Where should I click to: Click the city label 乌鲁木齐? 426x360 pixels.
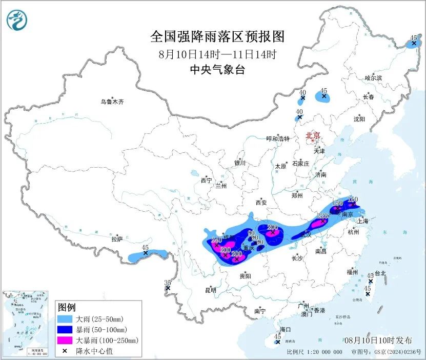click(112, 102)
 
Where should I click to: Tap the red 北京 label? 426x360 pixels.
click(313, 136)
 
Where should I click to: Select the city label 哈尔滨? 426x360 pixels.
click(373, 78)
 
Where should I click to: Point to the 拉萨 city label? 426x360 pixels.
click(117, 239)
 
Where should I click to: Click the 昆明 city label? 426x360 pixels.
click(211, 290)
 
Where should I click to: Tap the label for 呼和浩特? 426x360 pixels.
click(278, 139)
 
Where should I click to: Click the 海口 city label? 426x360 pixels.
click(286, 329)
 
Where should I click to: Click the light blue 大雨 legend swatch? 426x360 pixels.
click(66, 319)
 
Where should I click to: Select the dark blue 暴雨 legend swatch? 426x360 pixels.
click(66, 330)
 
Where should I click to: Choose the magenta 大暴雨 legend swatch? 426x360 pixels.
click(66, 340)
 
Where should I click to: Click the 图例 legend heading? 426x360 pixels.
click(67, 307)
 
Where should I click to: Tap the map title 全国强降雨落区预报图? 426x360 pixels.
click(217, 36)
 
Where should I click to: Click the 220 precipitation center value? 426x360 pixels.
click(322, 216)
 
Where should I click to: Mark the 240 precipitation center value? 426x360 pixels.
click(216, 239)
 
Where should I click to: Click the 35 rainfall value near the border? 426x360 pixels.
click(167, 283)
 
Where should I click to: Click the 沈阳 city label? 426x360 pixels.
click(359, 119)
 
